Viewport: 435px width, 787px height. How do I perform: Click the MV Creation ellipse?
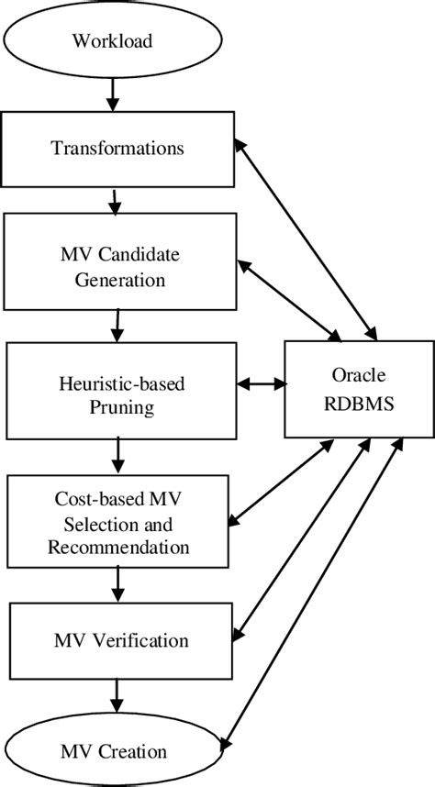(115, 752)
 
